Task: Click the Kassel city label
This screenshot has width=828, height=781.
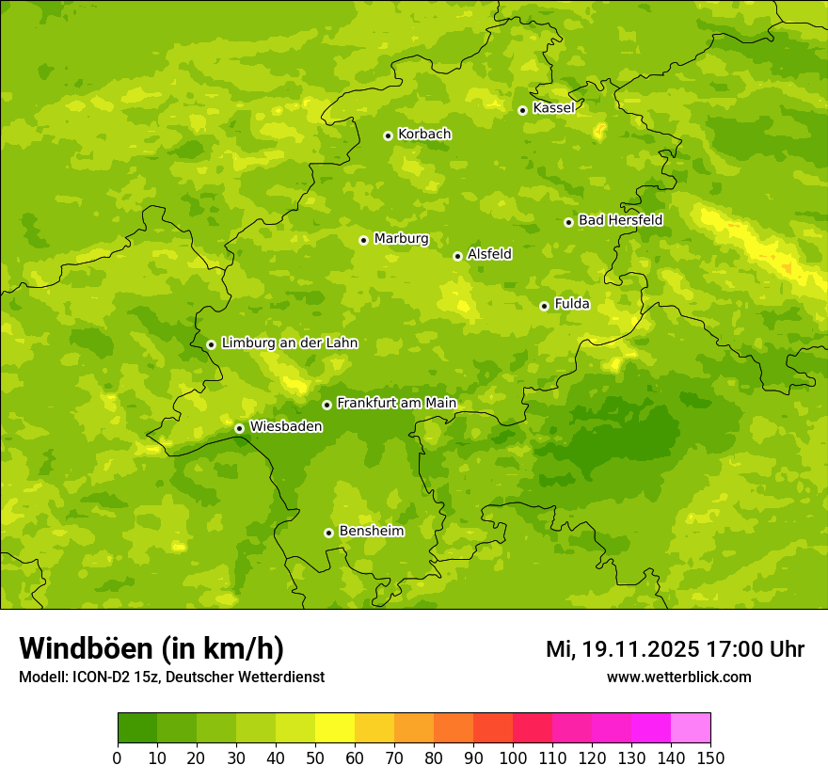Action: (553, 108)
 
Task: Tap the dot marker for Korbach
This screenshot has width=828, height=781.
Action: (388, 135)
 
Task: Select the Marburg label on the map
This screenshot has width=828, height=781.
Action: (401, 239)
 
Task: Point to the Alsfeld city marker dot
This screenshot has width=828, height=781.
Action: (457, 256)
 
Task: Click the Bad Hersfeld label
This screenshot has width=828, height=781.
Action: (620, 220)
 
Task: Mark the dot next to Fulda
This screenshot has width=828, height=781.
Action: (544, 306)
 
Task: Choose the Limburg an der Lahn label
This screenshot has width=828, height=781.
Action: (289, 343)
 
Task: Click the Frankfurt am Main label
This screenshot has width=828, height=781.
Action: (396, 404)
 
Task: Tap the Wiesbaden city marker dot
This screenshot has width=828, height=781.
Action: (239, 428)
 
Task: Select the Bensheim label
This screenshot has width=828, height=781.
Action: (371, 532)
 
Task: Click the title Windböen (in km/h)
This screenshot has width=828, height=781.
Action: (151, 648)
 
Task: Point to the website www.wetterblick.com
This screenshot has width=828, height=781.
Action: (678, 677)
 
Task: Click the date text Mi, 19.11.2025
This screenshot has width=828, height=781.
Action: (621, 649)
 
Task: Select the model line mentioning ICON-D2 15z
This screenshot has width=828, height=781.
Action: (171, 677)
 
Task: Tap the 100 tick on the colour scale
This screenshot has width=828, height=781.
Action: (513, 757)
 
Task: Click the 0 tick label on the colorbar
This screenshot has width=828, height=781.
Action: (118, 757)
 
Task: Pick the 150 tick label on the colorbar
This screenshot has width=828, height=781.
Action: (710, 757)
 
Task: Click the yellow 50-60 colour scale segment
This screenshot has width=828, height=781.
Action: (335, 728)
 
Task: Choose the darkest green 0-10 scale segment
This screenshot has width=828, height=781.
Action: (137, 728)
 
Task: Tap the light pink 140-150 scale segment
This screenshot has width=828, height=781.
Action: (691, 728)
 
